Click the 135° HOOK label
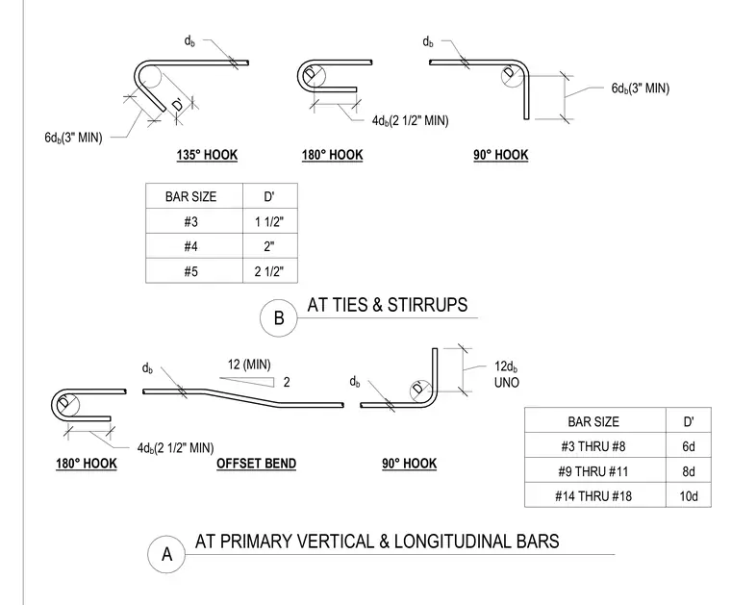pos(207,155)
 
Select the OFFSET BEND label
pos(257,464)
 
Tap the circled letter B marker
pos(278,317)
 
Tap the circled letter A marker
pos(166,554)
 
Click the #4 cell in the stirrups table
pos(190,246)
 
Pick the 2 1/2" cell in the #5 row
pos(269,271)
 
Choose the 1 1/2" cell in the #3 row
pos(269,221)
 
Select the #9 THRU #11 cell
pos(593,471)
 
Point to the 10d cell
pos(689,496)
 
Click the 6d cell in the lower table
pos(689,446)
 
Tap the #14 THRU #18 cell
pos(593,496)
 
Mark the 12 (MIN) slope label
pos(249,365)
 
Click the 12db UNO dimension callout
pos(506,374)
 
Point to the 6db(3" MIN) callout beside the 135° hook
pos(73,138)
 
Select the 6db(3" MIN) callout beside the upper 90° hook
pos(640,88)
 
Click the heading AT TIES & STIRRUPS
pos(388,305)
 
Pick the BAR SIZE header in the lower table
pos(593,422)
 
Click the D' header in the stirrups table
pos(269,196)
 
